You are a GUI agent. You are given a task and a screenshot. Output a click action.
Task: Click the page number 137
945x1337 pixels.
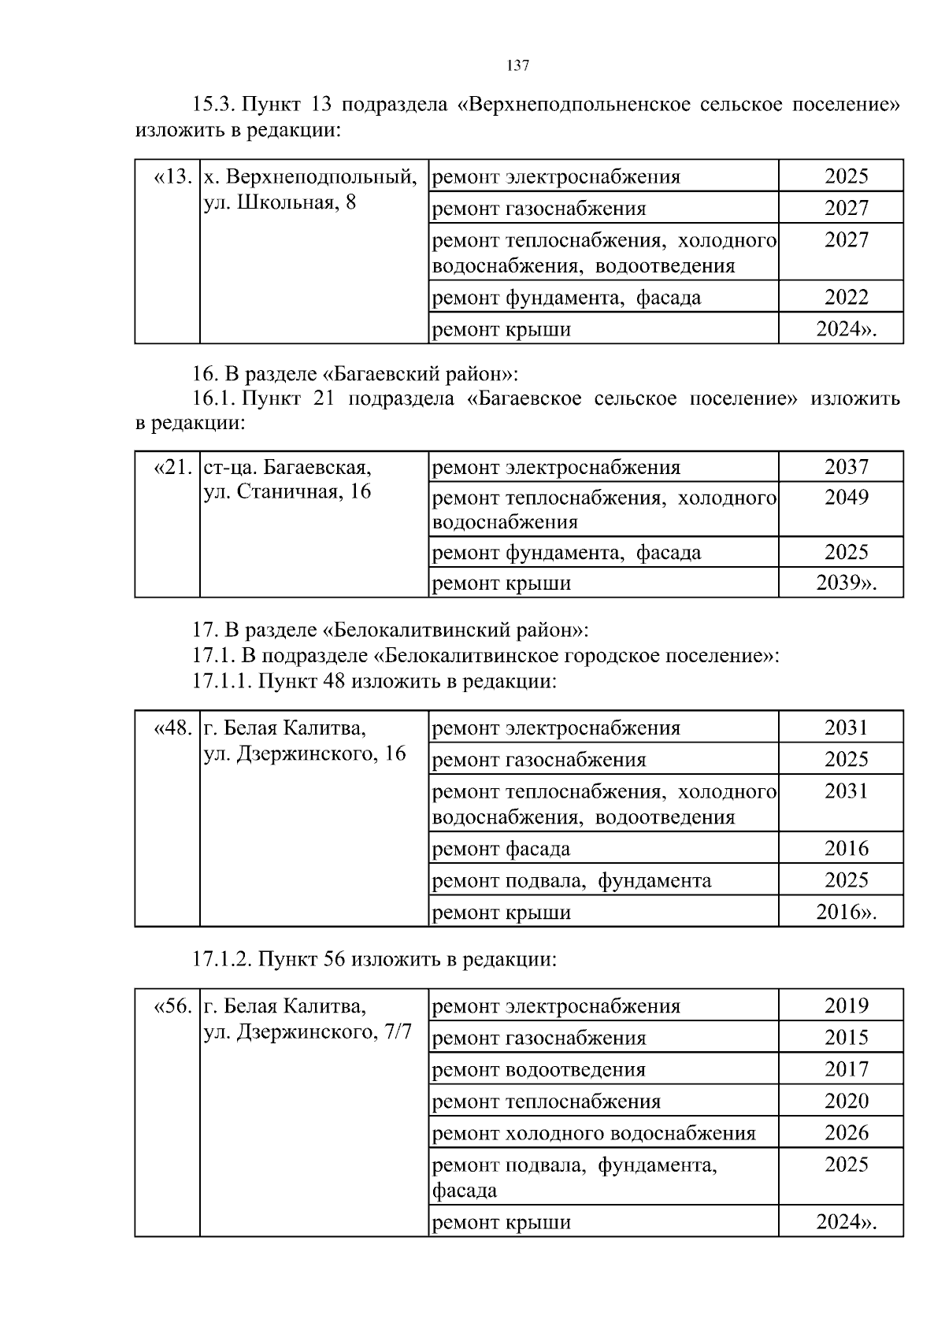point(517,66)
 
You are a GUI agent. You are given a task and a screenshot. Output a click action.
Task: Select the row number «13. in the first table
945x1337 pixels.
point(173,176)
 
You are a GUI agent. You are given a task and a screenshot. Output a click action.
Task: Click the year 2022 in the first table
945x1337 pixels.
point(846,298)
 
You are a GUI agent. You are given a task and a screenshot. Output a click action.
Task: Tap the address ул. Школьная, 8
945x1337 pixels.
point(280,203)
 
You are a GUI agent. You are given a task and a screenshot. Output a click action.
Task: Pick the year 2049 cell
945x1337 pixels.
point(846,498)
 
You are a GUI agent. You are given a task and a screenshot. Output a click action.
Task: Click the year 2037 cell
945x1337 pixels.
point(846,467)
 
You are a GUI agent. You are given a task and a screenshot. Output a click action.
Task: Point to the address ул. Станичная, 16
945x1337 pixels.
point(287,493)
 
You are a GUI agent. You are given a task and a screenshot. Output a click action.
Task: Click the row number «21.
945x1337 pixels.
point(173,468)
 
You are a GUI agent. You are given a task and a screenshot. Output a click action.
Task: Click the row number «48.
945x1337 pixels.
point(173,728)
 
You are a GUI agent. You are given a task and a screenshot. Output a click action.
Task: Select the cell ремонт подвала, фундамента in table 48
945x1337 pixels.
point(572,880)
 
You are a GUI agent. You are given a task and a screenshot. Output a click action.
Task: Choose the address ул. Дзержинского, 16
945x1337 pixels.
point(305,754)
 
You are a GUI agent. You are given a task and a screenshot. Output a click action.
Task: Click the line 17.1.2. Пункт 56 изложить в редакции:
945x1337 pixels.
point(375,960)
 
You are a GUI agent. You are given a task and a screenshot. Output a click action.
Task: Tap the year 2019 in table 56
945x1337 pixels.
point(846,1006)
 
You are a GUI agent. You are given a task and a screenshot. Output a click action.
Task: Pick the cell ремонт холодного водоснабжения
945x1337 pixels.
point(595,1133)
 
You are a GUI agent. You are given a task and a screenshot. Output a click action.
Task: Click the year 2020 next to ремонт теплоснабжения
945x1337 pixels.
point(846,1101)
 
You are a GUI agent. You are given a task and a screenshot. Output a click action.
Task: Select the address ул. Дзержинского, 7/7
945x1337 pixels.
point(308,1032)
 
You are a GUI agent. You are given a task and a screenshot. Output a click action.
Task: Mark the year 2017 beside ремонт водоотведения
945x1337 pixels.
point(846,1069)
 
